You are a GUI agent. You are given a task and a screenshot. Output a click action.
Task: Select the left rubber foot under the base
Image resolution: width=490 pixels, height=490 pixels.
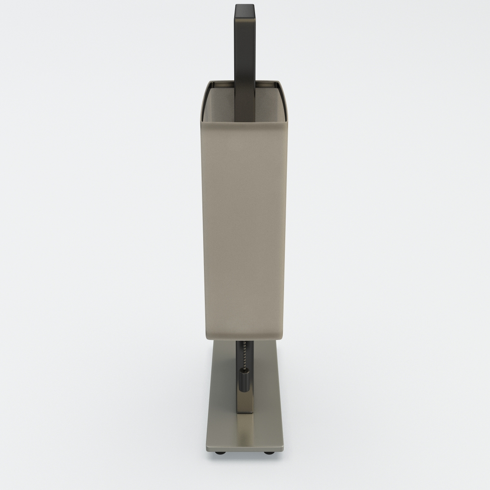coord(220,452)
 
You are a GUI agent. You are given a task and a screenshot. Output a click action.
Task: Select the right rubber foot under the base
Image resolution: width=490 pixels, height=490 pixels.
coord(269,452)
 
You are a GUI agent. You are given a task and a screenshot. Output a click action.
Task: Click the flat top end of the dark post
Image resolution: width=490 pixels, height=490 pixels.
coord(245,6)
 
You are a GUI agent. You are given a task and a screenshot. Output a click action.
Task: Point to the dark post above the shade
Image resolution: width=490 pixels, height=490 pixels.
coord(245,45)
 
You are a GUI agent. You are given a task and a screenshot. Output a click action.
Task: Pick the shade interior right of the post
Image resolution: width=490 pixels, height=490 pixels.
coord(270,104)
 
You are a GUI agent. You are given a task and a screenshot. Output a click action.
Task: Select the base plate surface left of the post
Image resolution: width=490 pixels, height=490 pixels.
coord(222,399)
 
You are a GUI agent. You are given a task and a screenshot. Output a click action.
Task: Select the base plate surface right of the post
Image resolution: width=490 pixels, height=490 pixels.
coord(268,399)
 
